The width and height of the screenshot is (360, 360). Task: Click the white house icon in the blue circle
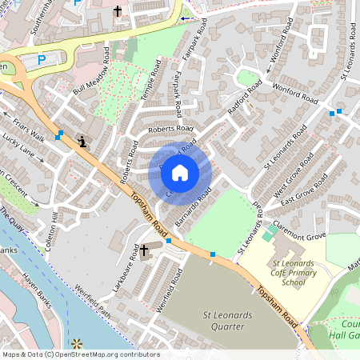180,173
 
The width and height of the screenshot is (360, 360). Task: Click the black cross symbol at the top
118,12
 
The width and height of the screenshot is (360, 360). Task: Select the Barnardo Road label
194,206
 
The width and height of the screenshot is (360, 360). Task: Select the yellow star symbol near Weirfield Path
78,344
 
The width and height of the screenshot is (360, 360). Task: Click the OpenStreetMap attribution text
80,354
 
